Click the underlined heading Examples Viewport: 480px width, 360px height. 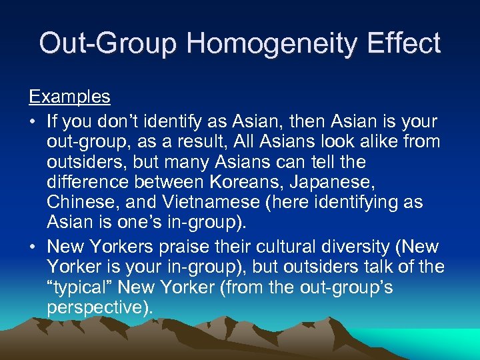pyautogui.click(x=69, y=97)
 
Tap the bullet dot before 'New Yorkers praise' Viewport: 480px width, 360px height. pyautogui.click(x=33, y=247)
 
